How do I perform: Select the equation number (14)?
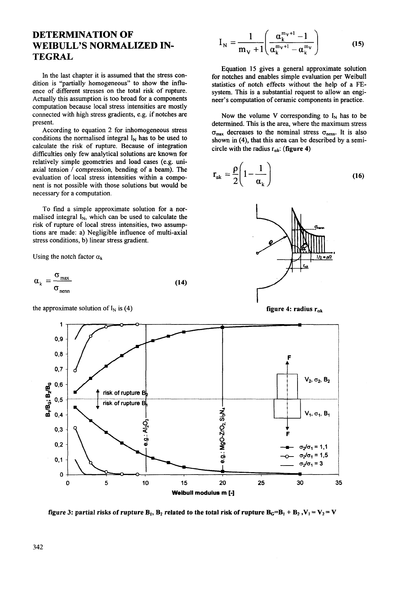click(181, 283)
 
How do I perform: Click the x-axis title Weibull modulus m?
click(204, 492)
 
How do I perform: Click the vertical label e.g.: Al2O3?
click(147, 431)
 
